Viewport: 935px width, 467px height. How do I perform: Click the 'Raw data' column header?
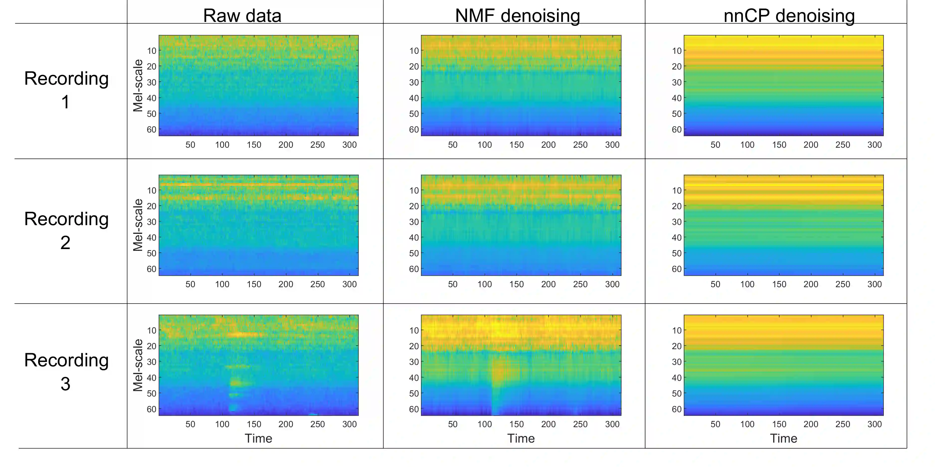point(242,16)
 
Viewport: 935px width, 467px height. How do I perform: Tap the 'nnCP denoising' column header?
point(789,16)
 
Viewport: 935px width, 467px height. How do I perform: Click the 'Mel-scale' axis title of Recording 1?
point(138,86)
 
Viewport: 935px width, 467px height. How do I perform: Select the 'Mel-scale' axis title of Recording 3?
point(138,365)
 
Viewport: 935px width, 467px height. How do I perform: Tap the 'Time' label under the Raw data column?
point(258,438)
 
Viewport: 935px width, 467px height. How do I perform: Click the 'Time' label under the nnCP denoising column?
point(784,438)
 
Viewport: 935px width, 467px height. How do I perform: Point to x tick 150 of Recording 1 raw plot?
point(254,145)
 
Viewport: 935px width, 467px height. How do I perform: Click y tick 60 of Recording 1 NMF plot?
point(414,130)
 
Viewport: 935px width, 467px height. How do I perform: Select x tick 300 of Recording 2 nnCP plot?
point(874,284)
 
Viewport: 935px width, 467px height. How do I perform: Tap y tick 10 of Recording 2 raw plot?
point(151,190)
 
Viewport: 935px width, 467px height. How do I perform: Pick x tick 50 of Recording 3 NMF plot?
point(453,424)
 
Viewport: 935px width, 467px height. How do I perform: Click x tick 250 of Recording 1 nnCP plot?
point(842,145)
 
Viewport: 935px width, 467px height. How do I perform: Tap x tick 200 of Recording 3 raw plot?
point(286,424)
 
